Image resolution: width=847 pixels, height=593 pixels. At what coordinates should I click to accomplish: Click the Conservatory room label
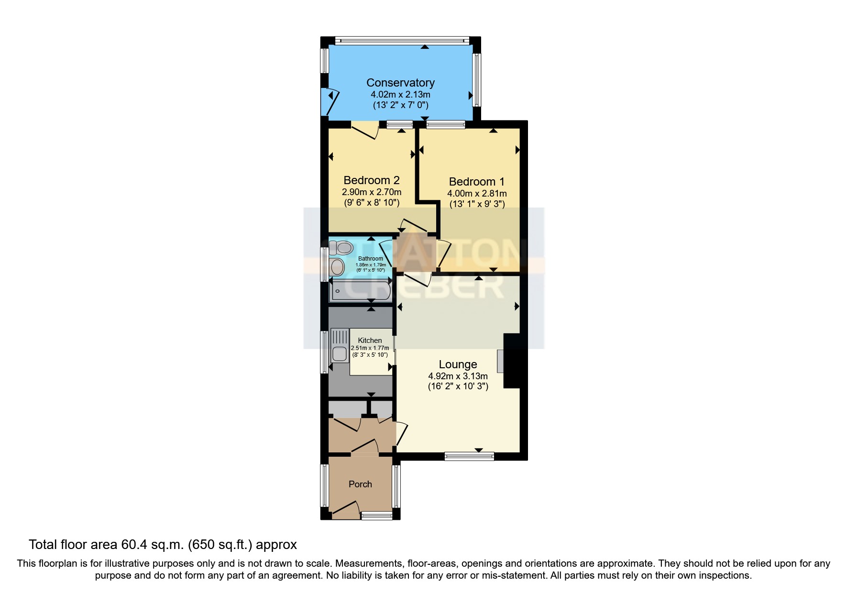pos(400,83)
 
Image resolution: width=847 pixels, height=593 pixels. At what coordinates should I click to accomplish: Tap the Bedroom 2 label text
pos(371,180)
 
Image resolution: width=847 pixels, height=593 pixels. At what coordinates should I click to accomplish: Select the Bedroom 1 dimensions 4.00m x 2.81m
pos(476,194)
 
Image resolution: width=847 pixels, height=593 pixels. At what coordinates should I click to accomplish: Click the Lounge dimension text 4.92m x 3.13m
pos(458,376)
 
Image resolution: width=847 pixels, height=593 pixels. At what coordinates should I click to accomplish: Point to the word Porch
pos(360,484)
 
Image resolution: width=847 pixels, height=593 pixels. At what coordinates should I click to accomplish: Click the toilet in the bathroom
pos(341,247)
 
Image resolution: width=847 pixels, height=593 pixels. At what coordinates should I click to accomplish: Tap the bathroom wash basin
pos(337,267)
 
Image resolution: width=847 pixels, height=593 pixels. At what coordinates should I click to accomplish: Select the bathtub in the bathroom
pos(361,290)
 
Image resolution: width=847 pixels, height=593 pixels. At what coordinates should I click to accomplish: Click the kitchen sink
pos(339,353)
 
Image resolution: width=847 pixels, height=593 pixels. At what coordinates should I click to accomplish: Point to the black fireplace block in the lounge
pos(512,361)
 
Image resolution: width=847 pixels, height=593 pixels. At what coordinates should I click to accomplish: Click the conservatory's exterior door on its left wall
pos(331,101)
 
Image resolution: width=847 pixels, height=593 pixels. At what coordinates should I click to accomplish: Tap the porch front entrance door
pos(346,510)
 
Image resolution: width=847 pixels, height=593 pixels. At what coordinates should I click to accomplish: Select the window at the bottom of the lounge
pos(469,456)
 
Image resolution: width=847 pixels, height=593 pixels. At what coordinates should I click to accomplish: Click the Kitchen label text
pos(370,340)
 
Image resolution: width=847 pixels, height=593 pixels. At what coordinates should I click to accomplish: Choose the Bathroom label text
pos(371,259)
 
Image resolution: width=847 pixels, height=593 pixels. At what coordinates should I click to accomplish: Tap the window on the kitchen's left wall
pos(324,351)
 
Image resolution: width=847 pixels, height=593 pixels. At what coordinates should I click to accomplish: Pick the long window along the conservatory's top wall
pos(402,40)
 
